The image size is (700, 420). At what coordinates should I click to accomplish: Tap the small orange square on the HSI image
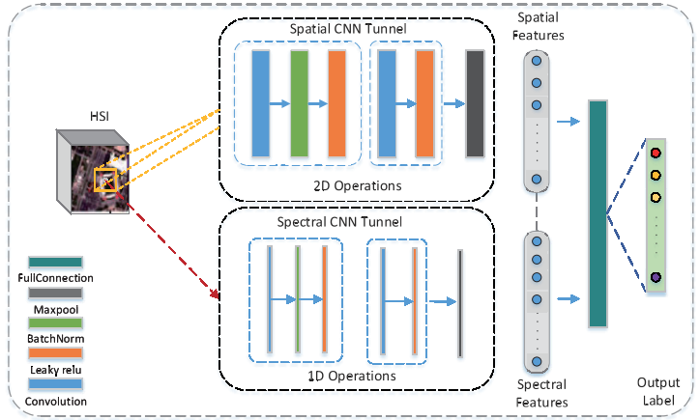click(104, 181)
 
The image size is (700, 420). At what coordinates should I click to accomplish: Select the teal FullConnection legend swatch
click(55, 263)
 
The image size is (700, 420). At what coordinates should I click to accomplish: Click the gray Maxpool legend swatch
click(55, 294)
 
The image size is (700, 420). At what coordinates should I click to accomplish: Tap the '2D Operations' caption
click(355, 184)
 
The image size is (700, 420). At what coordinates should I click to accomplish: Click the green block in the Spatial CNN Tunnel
click(299, 103)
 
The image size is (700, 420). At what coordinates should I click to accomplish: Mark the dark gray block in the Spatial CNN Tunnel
click(474, 103)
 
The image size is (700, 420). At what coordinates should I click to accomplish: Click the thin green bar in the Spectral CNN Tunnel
click(298, 300)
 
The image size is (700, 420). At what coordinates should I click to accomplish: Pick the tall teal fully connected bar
click(598, 212)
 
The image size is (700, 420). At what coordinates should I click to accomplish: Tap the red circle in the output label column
click(656, 154)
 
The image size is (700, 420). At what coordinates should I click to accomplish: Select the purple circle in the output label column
click(656, 278)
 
